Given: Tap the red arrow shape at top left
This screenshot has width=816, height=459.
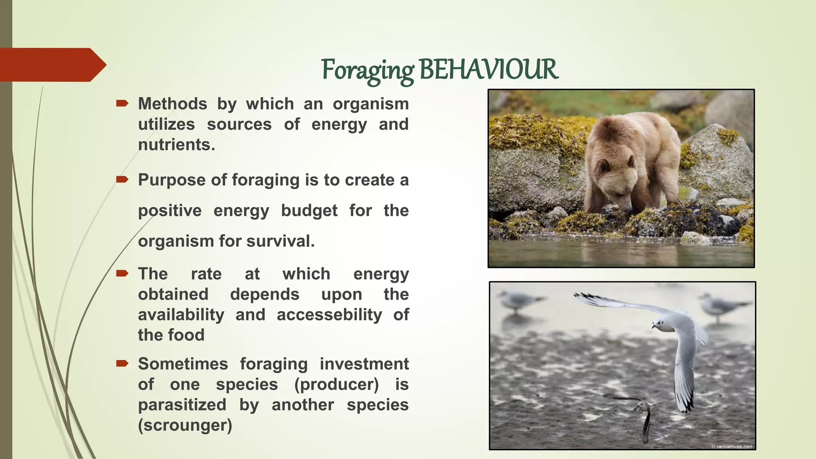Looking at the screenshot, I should pyautogui.click(x=52, y=65).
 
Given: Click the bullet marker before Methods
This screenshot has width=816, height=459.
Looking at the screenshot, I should pyautogui.click(x=122, y=104).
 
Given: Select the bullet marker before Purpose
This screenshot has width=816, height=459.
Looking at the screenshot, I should pyautogui.click(x=122, y=180).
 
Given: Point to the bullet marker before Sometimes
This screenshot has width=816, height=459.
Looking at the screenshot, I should pyautogui.click(x=122, y=363).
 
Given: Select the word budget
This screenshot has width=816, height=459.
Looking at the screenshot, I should pyautogui.click(x=309, y=210).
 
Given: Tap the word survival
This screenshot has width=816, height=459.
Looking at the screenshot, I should pyautogui.click(x=279, y=241).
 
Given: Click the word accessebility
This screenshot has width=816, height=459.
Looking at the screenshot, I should pyautogui.click(x=329, y=315).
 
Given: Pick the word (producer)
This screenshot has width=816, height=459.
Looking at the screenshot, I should pyautogui.click(x=337, y=384).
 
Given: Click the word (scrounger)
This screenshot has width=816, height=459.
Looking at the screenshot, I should pyautogui.click(x=185, y=425).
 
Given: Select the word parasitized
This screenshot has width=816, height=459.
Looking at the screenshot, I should pyautogui.click(x=182, y=405).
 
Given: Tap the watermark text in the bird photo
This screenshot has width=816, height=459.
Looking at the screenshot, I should pyautogui.click(x=732, y=446).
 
